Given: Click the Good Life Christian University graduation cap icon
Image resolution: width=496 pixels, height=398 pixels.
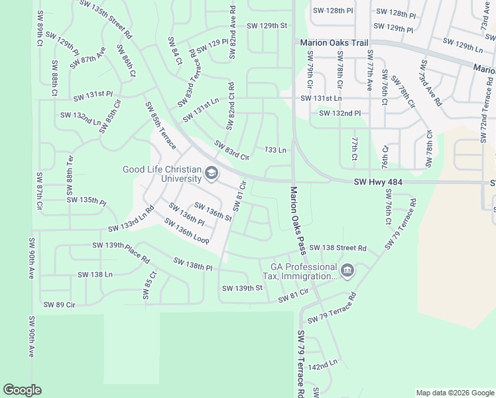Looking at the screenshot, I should coord(211,174).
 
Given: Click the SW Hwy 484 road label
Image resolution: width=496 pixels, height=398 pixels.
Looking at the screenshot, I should coord(377,182).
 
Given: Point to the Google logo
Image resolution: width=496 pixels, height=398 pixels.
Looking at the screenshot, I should coord(22,390).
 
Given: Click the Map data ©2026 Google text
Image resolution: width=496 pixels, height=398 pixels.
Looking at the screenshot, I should coord(454,393).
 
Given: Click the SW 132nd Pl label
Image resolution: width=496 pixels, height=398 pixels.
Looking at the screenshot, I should coord(340,113).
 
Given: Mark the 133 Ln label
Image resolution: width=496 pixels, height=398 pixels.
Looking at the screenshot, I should coord(275,151).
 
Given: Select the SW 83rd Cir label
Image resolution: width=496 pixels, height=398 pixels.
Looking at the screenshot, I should coord(231,151).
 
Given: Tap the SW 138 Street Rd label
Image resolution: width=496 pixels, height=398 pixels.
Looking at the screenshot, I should coord(338,248).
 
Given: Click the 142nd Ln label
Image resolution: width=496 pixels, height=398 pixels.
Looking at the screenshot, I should coord(323,364).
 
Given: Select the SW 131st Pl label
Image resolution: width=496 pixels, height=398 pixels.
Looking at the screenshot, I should coord(93,96).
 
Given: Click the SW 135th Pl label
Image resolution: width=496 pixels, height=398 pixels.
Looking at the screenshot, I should coord(86,200).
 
